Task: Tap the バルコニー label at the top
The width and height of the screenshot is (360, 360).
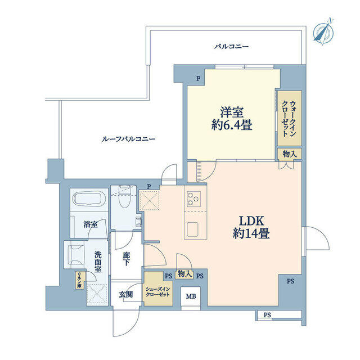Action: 231,47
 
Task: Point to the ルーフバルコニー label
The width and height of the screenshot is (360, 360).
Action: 129,139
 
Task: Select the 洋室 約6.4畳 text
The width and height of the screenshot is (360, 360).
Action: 232,119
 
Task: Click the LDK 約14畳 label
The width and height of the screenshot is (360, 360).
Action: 251,227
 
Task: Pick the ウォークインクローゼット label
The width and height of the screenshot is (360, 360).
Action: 289,119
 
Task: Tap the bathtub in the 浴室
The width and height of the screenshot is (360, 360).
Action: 89,199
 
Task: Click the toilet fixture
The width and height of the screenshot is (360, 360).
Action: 125,196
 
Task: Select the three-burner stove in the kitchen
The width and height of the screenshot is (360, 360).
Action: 193,199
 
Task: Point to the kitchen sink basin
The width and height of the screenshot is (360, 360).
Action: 193,229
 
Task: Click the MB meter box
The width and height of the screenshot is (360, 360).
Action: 191,296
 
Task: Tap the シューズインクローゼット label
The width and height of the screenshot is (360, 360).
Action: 158,292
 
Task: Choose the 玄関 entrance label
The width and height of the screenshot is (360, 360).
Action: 126,295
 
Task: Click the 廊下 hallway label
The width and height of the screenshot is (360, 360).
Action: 126,259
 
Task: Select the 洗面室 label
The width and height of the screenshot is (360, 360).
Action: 98,262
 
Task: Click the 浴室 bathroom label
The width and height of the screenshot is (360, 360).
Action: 91,224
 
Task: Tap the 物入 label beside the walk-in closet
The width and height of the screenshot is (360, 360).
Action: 290,154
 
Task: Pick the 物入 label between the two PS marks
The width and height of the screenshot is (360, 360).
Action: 184,274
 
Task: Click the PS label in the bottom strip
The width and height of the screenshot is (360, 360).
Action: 267,315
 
